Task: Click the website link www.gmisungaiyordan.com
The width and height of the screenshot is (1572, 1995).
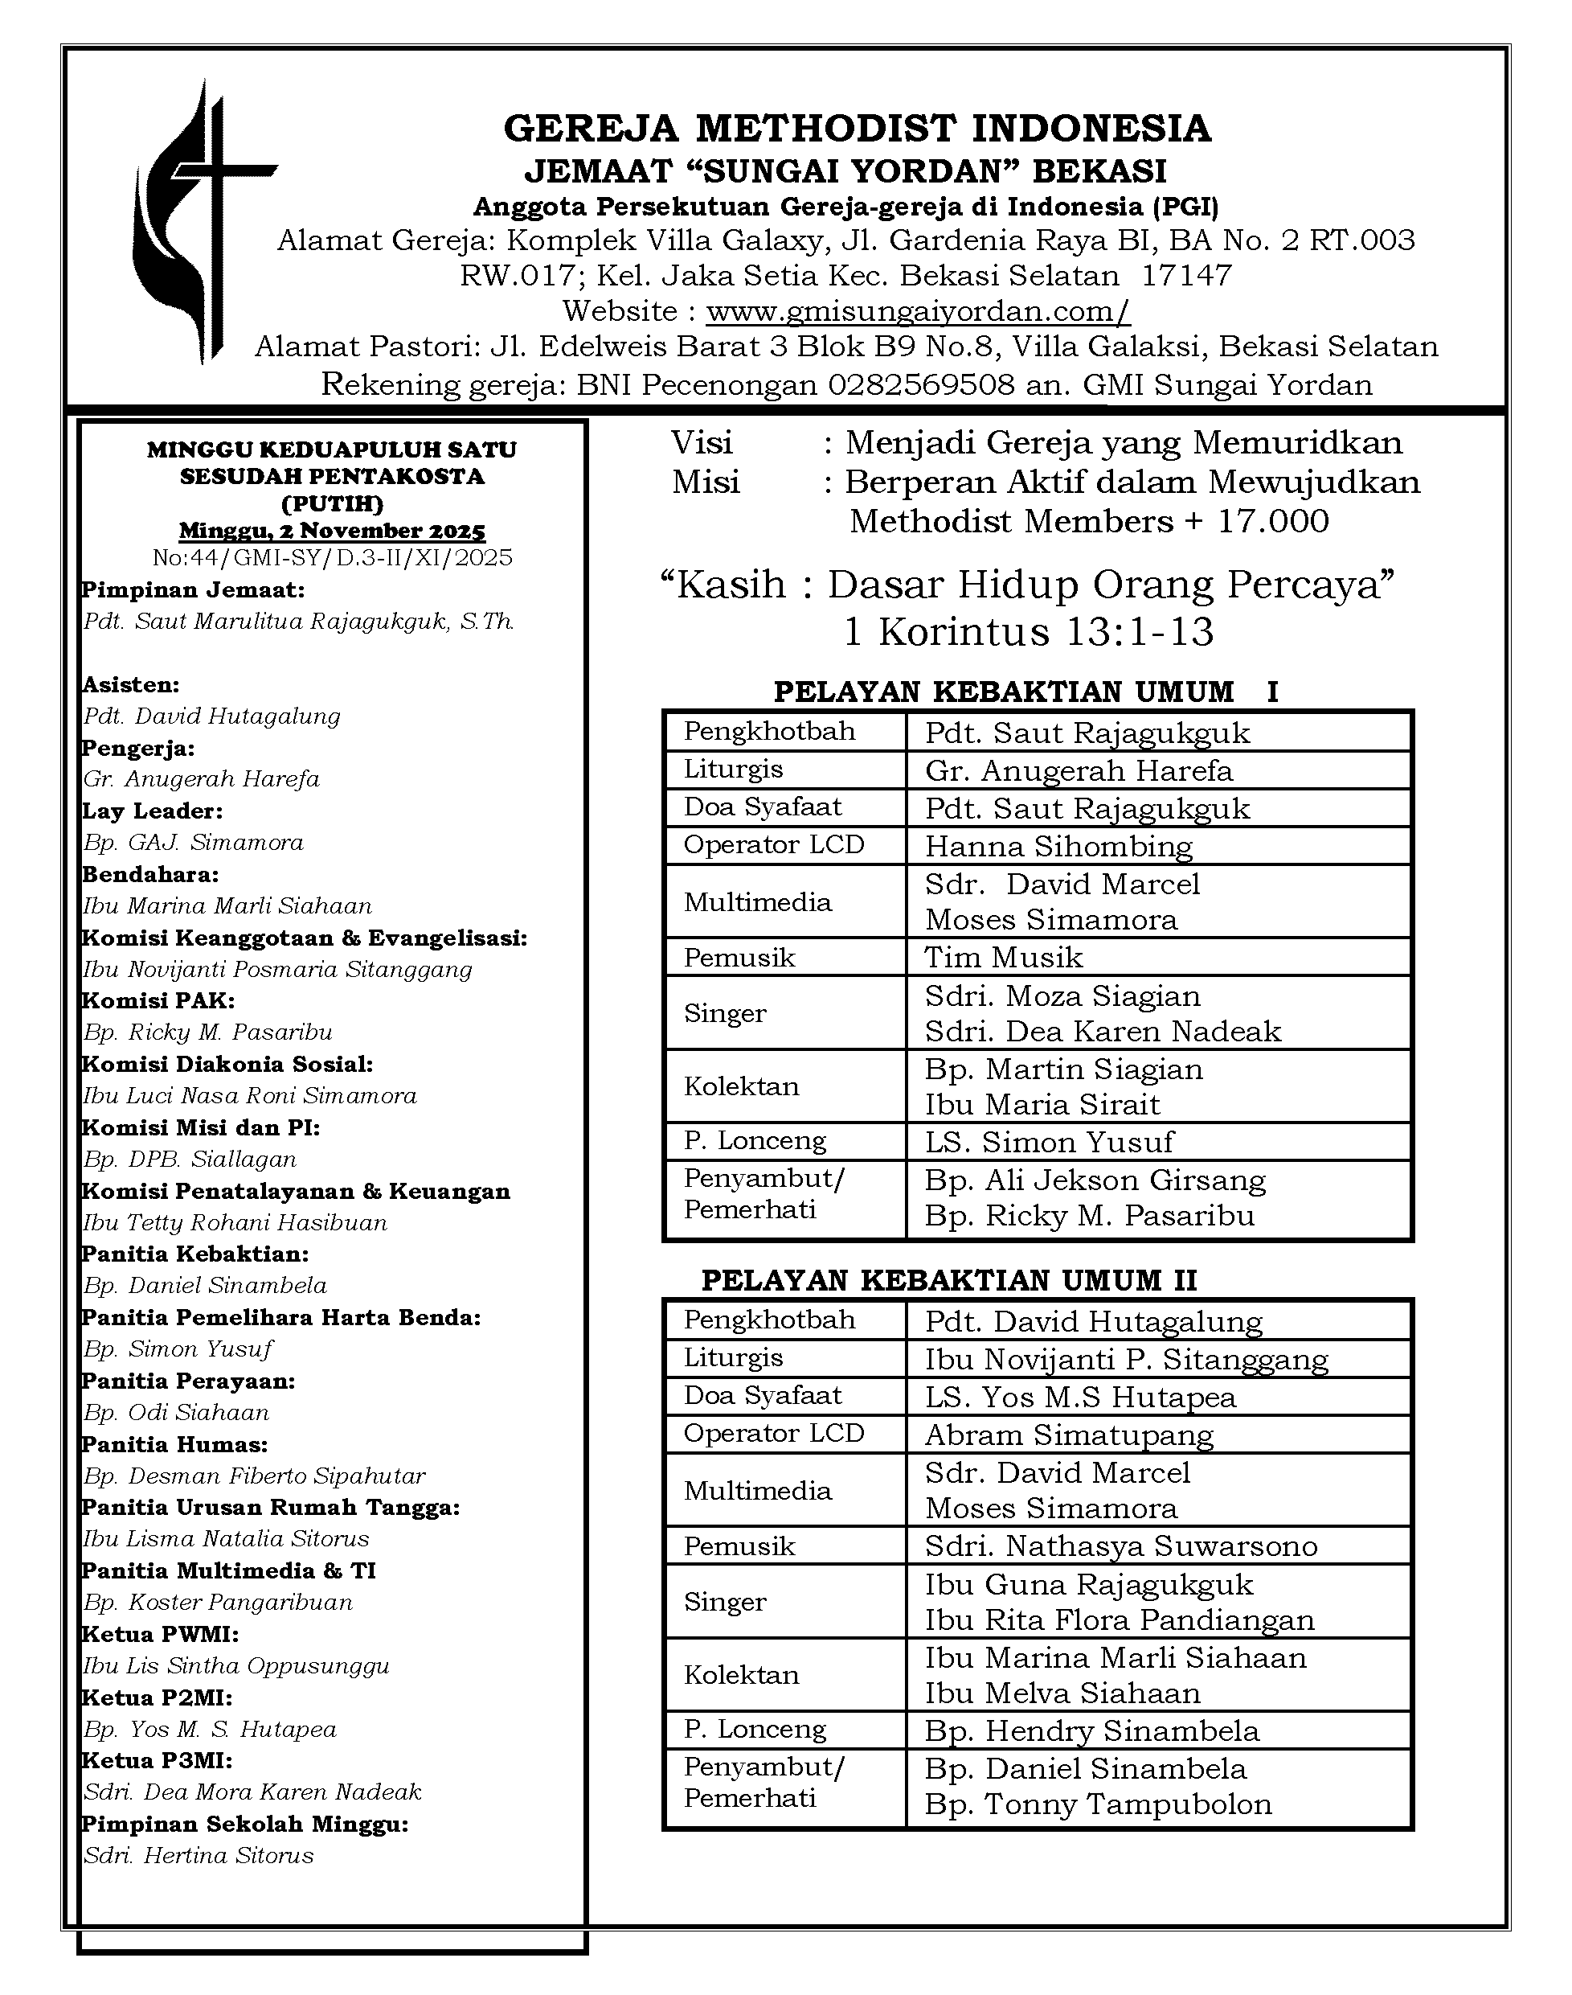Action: [x=918, y=311]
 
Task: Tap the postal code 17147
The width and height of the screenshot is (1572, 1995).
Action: [x=1186, y=275]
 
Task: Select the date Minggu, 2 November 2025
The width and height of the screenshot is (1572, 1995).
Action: [x=332, y=532]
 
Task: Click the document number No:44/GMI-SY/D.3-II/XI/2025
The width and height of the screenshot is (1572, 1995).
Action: [x=332, y=558]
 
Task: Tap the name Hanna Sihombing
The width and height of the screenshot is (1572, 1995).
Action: [x=1058, y=846]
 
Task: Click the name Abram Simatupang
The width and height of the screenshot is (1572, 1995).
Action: [x=1069, y=1435]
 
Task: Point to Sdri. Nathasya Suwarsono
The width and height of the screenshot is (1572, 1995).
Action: [x=1121, y=1546]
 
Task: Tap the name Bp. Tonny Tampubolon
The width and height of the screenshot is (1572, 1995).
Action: [x=1098, y=1804]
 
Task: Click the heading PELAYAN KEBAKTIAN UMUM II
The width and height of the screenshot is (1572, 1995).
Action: [x=949, y=1281]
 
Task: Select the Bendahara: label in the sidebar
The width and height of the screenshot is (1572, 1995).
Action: [x=151, y=875]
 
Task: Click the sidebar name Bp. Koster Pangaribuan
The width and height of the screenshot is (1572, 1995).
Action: [x=218, y=1603]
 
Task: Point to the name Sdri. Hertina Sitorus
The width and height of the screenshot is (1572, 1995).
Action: [x=199, y=1856]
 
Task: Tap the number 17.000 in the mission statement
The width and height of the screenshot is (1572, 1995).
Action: [x=1273, y=522]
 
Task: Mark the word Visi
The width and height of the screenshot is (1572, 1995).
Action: [x=702, y=444]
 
